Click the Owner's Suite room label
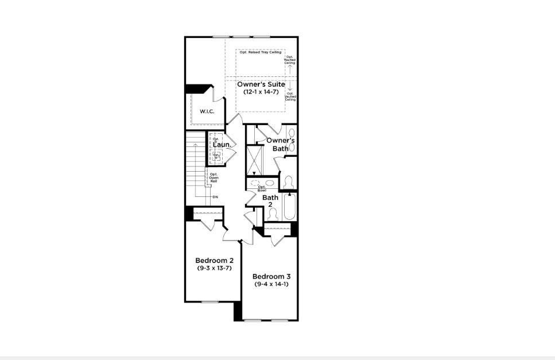pos(261,84)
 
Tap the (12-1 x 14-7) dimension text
pos(261,92)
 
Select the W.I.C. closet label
pos(207,111)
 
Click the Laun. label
pos(222,145)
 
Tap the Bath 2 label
pos(270,201)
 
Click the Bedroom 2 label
pos(214,260)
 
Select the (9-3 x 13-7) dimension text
pos(214,268)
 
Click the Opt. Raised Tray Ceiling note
pos(260,53)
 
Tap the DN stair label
pos(215,198)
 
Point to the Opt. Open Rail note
pos(214,177)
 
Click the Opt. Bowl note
pos(262,188)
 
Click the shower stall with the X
pos(254,160)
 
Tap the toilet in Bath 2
pos(273,214)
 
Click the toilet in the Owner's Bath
pos(289,182)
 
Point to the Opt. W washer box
pos(216,155)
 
